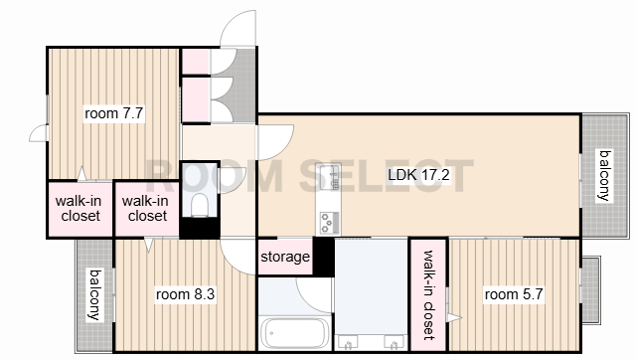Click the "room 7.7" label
[x=114, y=113]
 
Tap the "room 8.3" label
[x=185, y=293]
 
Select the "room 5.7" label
[x=514, y=293]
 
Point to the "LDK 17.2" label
[x=418, y=175]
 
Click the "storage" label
[x=285, y=257]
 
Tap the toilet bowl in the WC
[x=199, y=204]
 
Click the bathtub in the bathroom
[x=295, y=333]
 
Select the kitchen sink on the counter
[x=330, y=177]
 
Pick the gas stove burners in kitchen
[x=329, y=223]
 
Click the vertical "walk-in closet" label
[x=428, y=295]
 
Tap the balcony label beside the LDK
[x=605, y=175]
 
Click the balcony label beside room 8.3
[x=95, y=294]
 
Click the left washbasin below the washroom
[x=349, y=343]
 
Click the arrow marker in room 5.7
[x=454, y=317]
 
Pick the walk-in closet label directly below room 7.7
[x=79, y=208]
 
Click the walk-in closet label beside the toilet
[x=146, y=208]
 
